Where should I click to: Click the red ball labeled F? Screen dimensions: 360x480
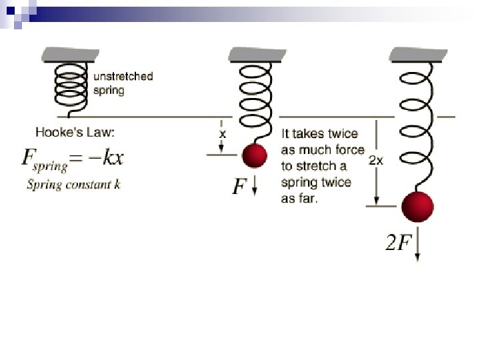[254, 156]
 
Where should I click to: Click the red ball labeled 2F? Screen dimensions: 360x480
[418, 206]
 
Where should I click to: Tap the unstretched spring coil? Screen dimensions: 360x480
[71, 86]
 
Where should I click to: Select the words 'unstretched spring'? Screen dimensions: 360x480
[123, 83]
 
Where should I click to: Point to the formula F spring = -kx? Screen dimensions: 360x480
[73, 159]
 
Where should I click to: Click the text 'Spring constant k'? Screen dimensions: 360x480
[73, 185]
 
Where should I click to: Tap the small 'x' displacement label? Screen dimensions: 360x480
[223, 133]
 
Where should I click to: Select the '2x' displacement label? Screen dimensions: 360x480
[376, 161]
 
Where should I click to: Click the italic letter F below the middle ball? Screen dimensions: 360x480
[239, 187]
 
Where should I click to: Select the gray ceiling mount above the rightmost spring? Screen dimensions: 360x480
[418, 53]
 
